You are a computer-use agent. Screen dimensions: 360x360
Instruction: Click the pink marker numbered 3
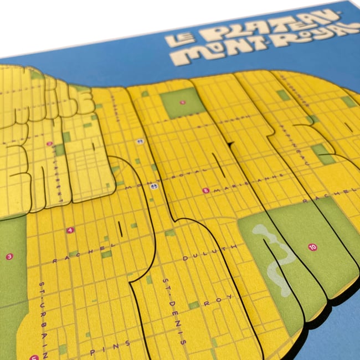[x=9, y=256]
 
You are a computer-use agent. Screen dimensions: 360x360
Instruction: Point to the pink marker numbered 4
[x=70, y=230]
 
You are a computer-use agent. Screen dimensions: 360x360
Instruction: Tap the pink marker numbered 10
[x=313, y=247]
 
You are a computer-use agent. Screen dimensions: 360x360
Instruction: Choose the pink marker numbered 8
[x=206, y=191]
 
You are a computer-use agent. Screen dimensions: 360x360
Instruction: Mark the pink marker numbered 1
[x=183, y=102]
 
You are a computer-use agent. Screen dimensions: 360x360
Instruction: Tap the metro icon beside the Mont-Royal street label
[x=154, y=186]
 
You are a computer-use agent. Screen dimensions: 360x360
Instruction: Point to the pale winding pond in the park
[x=275, y=255]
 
